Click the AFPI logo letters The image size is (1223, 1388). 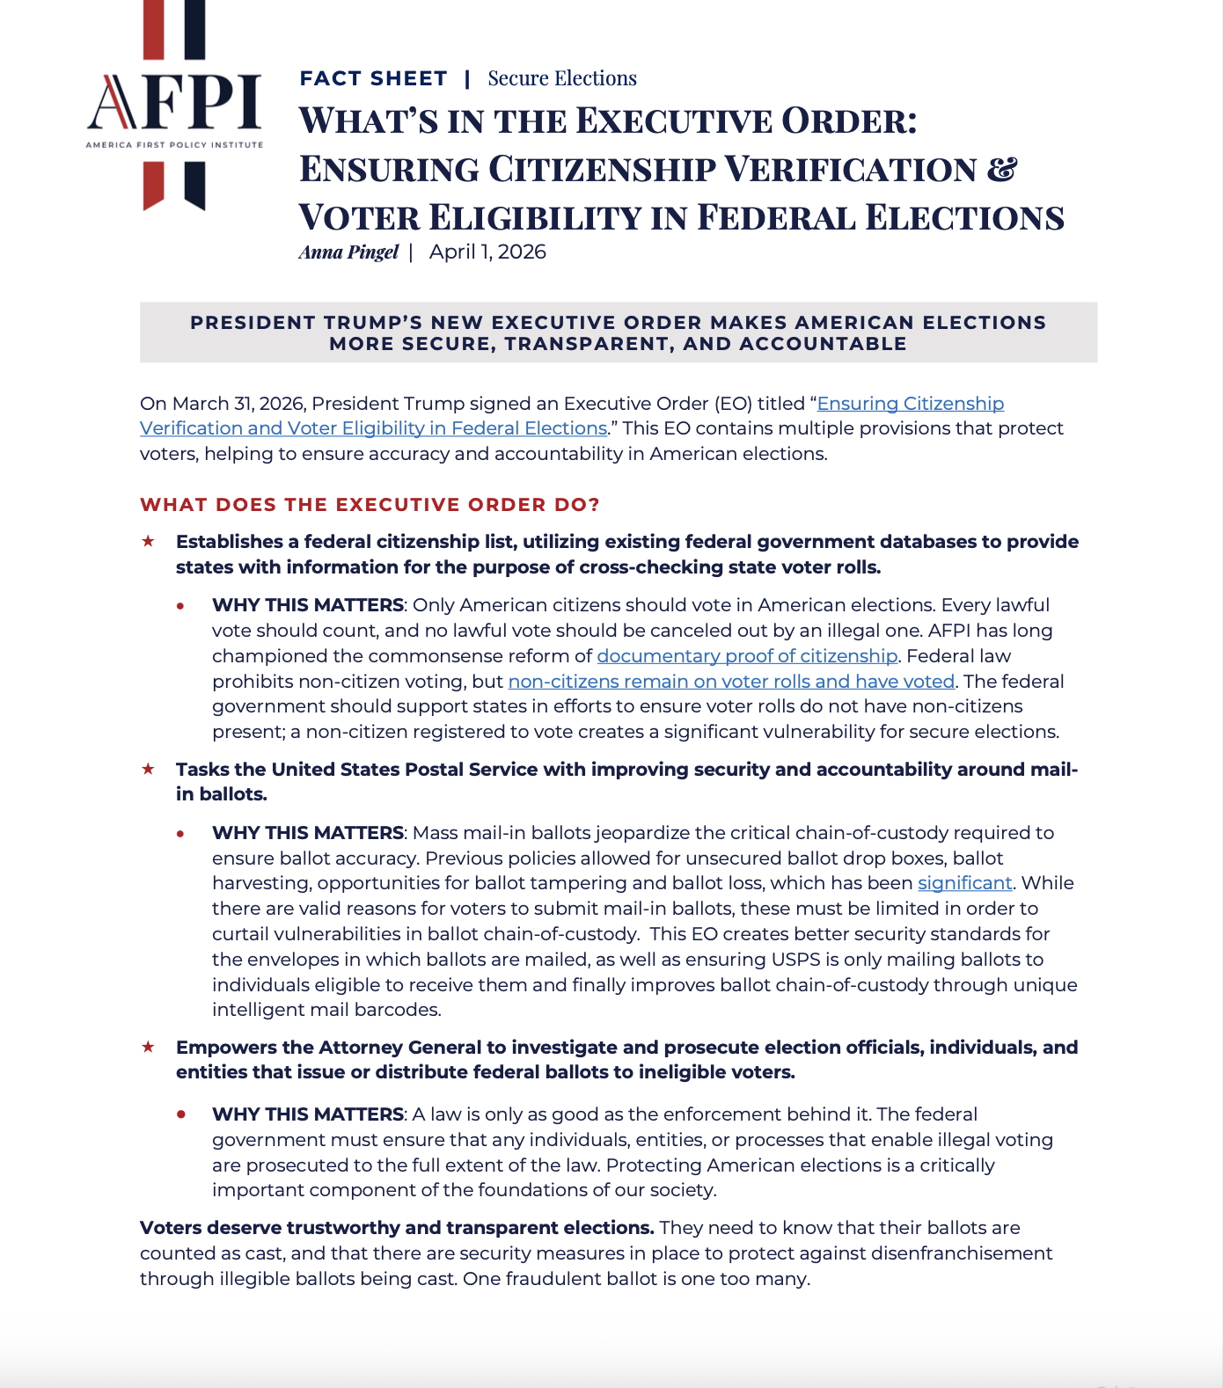174,103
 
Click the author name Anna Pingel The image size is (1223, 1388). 348,252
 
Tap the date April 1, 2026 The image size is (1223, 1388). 487,252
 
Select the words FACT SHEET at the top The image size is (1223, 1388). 373,79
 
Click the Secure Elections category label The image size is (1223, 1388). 562,79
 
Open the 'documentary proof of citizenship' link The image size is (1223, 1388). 747,656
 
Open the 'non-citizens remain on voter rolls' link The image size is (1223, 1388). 731,682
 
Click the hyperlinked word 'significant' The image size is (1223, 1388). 964,883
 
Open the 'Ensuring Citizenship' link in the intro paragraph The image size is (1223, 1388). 910,404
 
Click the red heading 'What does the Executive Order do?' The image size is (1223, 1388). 370,505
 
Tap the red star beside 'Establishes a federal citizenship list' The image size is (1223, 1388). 148,541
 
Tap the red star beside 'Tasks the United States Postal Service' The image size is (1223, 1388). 148,769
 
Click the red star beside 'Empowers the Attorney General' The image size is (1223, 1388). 148,1047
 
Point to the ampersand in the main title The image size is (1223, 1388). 1001,169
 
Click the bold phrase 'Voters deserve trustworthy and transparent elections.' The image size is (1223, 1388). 397,1228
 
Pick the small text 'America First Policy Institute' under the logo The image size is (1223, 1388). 174,144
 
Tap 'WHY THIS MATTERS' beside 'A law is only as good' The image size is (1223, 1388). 307,1114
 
